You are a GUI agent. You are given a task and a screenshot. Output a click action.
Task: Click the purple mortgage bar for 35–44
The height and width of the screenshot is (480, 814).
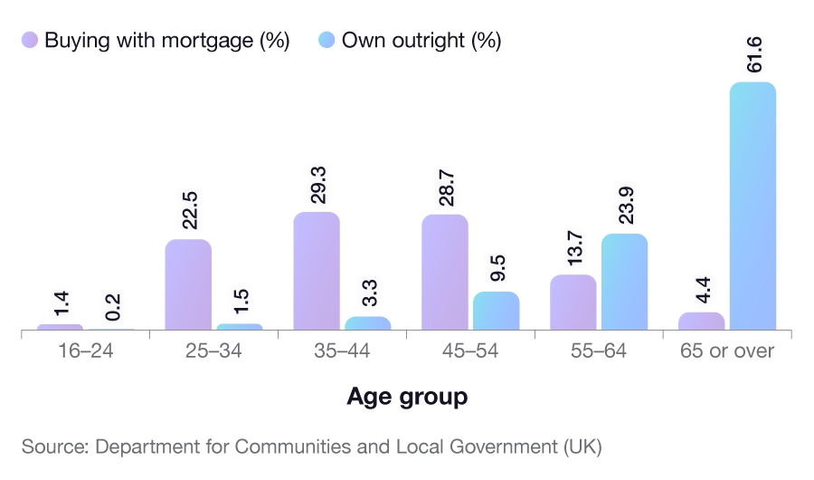tap(317, 271)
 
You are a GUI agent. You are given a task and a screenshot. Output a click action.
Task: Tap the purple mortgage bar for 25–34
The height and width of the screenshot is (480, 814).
tap(188, 284)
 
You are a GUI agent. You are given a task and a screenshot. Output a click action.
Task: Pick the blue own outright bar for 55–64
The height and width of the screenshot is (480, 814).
tap(624, 282)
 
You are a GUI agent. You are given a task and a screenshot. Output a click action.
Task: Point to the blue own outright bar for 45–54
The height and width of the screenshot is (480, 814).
tap(496, 311)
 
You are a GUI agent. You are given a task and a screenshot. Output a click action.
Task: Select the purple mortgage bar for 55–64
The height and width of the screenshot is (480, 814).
tap(573, 302)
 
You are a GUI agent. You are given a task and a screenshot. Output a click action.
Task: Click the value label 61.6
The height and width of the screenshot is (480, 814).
tap(753, 55)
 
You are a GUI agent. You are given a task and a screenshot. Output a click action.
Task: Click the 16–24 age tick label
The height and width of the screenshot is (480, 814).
tap(86, 351)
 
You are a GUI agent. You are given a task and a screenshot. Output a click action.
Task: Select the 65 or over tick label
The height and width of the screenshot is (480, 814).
tap(727, 351)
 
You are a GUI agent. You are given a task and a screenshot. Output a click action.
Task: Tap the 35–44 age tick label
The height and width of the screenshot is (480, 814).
tap(341, 351)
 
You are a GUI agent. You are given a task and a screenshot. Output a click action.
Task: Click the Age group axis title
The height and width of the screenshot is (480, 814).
tap(407, 397)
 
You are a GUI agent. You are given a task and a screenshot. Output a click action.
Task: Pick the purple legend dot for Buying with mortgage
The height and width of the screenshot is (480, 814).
tap(30, 41)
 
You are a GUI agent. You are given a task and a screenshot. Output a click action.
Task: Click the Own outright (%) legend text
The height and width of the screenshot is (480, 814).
tap(421, 41)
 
